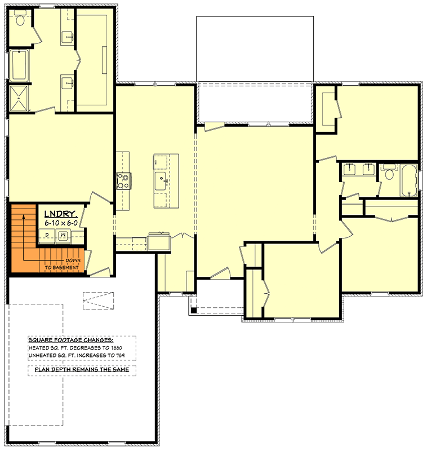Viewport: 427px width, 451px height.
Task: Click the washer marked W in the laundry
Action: [63, 235]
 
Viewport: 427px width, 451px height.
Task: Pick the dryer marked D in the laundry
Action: [47, 235]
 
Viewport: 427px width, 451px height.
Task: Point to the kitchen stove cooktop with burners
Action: [123, 180]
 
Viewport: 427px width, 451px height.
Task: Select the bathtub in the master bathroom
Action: [19, 65]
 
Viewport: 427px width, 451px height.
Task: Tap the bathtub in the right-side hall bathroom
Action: [409, 180]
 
